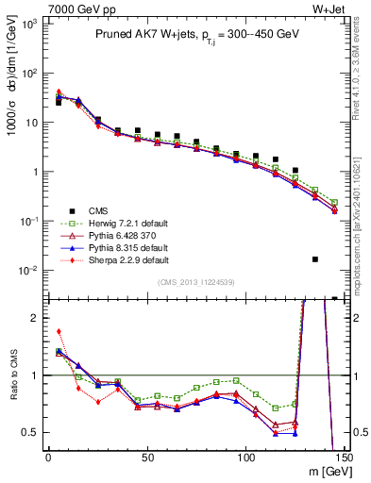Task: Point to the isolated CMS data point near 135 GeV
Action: tap(315, 259)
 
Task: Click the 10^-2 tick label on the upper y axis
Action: tap(29, 271)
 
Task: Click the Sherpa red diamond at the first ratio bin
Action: tap(59, 332)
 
